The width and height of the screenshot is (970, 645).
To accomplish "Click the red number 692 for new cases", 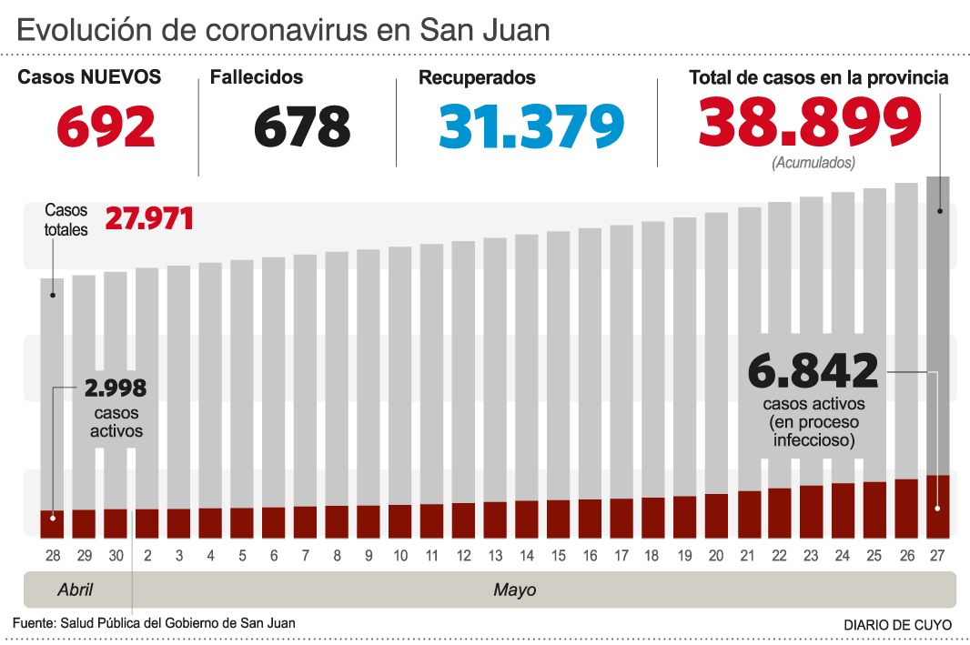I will coord(106,126).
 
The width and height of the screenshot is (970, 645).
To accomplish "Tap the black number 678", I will coord(302,126).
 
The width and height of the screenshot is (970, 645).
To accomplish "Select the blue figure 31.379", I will coord(531,126).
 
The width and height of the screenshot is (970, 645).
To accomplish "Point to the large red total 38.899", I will coord(811,123).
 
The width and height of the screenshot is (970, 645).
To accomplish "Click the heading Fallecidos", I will coord(257,78).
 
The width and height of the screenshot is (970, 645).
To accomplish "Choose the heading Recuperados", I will coord(477,78).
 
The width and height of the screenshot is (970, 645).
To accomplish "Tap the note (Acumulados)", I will coord(813,163).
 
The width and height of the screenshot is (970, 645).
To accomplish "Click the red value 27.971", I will coord(149,219).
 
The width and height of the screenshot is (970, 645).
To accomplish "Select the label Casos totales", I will coord(66,220).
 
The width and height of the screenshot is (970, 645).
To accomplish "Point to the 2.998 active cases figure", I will coord(116,388).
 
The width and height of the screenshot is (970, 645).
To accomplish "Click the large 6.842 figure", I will coord(813,371).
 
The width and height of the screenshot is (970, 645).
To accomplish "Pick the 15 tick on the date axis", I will coord(559,554).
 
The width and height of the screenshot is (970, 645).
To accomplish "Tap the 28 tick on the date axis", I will coord(53,554).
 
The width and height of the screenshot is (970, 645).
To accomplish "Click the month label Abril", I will coord(76,590).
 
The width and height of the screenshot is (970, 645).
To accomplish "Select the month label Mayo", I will coord(515,590).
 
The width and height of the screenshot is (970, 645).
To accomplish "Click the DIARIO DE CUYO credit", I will coord(897,625).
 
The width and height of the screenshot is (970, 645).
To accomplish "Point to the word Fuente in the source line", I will coord(33,623).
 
